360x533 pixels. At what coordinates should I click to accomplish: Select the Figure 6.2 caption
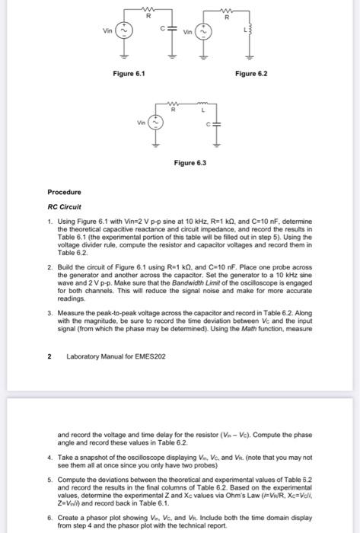pyautogui.click(x=252, y=73)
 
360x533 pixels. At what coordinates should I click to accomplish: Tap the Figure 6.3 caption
pyautogui.click(x=190, y=163)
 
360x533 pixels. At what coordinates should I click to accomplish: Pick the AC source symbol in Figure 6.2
pyautogui.click(x=200, y=32)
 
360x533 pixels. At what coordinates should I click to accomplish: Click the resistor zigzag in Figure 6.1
pyautogui.click(x=150, y=9)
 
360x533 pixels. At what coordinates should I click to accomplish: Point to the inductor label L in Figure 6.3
pyautogui.click(x=202, y=111)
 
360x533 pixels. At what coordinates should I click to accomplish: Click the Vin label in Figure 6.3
pyautogui.click(x=142, y=121)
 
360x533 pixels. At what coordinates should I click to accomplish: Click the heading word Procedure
pyautogui.click(x=65, y=193)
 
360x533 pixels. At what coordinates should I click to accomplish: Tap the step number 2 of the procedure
pyautogui.click(x=49, y=269)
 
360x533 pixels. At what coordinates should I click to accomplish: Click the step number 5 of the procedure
pyautogui.click(x=49, y=480)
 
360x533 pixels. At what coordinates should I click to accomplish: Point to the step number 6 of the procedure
pyautogui.click(x=49, y=516)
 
